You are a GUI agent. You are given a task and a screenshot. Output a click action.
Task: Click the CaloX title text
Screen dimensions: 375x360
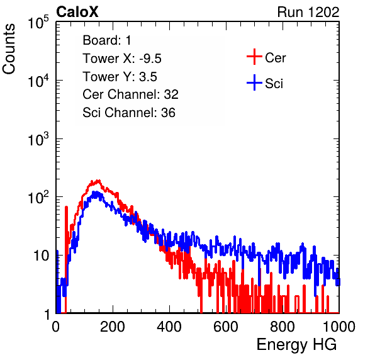coord(77,12)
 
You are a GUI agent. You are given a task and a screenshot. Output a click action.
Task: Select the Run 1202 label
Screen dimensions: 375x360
coord(308,12)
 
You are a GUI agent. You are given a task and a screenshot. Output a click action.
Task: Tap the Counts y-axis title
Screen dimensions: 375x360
coord(9,49)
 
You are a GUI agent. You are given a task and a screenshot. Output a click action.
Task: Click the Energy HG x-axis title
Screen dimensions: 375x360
coord(296,344)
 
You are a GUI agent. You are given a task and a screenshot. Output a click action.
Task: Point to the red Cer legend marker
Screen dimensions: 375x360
coord(254,57)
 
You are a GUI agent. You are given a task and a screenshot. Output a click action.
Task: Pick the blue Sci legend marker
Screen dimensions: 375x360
coord(254,82)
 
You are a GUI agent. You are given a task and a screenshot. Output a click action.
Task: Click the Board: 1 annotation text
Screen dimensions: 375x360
coord(107,40)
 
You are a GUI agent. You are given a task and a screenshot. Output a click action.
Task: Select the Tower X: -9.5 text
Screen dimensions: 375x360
coord(122,59)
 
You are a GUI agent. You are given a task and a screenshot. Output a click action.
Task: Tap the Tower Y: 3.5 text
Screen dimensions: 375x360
coord(120,77)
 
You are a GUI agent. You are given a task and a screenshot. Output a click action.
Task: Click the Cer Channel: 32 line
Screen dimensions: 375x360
coord(131,94)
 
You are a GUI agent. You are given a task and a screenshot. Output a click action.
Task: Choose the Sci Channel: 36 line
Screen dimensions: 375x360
coord(129,113)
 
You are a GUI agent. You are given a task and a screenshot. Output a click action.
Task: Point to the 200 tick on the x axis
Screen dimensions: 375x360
coord(113,327)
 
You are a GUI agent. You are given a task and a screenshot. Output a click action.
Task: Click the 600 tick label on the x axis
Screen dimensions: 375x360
coord(226,327)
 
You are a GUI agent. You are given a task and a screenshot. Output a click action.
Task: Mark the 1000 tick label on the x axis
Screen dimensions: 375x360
coord(339,327)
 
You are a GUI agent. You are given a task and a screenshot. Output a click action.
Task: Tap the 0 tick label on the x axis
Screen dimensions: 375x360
coord(56,327)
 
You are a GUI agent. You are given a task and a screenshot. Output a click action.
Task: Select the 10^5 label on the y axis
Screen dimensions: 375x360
coord(39,22)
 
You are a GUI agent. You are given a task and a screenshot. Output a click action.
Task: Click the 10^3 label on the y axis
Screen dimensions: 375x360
coord(39,138)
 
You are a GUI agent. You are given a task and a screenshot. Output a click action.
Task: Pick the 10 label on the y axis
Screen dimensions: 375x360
coord(42,256)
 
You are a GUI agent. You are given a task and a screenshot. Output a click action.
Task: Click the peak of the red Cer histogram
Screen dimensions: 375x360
coord(98,181)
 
